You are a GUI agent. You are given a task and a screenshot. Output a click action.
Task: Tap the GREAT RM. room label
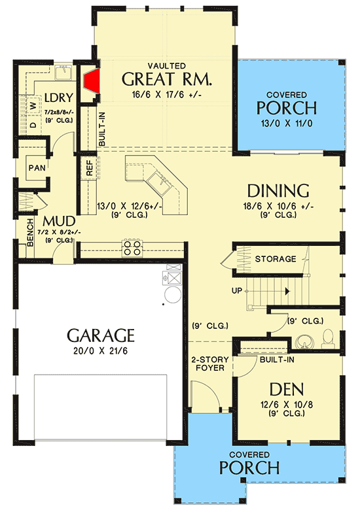(x=167, y=80)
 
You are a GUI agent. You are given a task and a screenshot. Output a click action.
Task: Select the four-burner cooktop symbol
(x=127, y=247)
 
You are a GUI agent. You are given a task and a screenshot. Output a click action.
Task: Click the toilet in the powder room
(x=329, y=337)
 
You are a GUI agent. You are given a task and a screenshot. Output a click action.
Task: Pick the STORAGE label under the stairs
(x=275, y=259)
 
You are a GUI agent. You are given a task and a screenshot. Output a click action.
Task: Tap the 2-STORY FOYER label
(x=209, y=363)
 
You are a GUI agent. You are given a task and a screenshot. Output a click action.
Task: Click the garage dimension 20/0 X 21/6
(x=101, y=353)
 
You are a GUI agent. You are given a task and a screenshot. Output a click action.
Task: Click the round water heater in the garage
(x=172, y=296)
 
